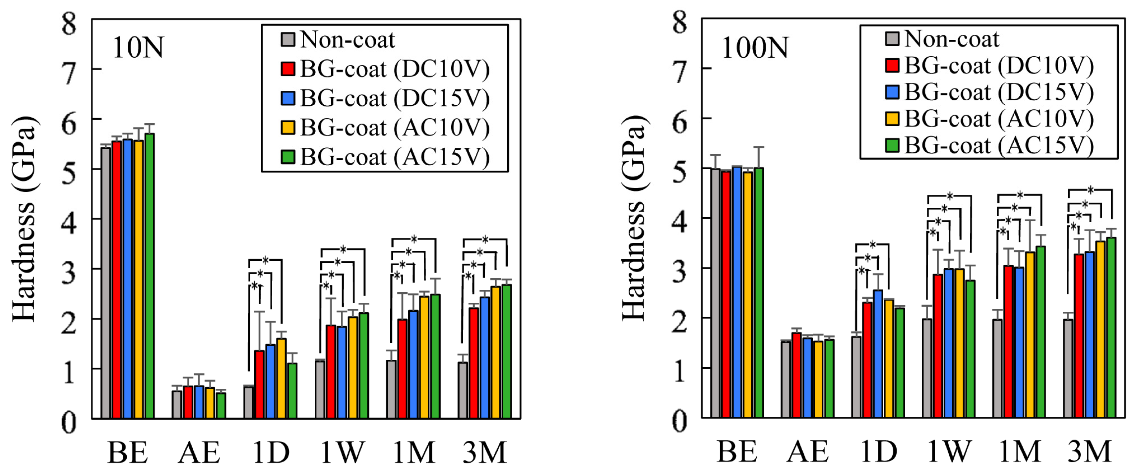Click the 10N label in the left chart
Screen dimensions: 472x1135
[138, 48]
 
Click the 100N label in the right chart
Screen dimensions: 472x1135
[754, 48]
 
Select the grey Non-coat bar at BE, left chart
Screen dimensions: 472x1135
[106, 282]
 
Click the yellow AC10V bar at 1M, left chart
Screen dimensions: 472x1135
[424, 357]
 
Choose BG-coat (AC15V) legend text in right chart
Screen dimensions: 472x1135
[999, 145]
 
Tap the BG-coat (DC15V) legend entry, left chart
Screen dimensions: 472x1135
[395, 98]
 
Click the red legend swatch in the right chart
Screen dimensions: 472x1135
[892, 65]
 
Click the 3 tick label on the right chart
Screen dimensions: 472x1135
[679, 273]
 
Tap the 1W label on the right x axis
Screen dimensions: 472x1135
[949, 451]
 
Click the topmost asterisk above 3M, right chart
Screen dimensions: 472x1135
[1091, 190]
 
